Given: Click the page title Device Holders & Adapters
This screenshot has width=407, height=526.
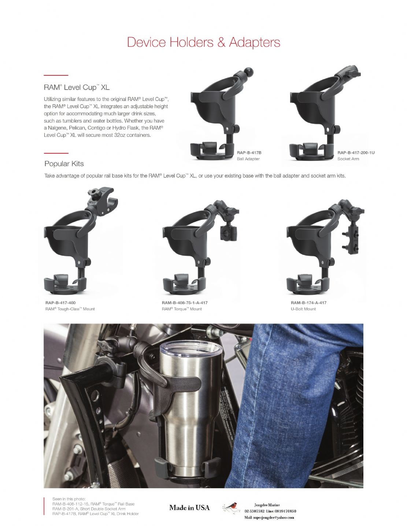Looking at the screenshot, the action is point(204,42).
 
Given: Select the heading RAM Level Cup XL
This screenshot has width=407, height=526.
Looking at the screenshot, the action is point(77,87).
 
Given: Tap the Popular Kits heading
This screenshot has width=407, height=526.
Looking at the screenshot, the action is point(64,164).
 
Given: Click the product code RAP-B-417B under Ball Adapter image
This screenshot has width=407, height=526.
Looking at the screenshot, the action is point(249,153).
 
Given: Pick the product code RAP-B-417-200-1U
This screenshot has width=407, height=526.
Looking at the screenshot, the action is point(356,153).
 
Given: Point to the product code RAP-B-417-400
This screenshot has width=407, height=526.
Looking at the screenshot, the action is point(60,303).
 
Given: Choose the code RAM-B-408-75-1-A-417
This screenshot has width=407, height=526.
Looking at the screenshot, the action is point(185,303).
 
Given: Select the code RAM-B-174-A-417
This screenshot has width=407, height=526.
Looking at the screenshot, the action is point(308,303).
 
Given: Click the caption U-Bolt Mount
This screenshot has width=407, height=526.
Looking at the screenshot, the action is point(303,309).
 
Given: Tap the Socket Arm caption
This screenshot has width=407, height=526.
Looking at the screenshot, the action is point(348,159).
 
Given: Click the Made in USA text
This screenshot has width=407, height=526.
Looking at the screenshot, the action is point(189,508).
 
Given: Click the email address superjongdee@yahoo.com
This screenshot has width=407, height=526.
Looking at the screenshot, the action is point(269,518).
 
